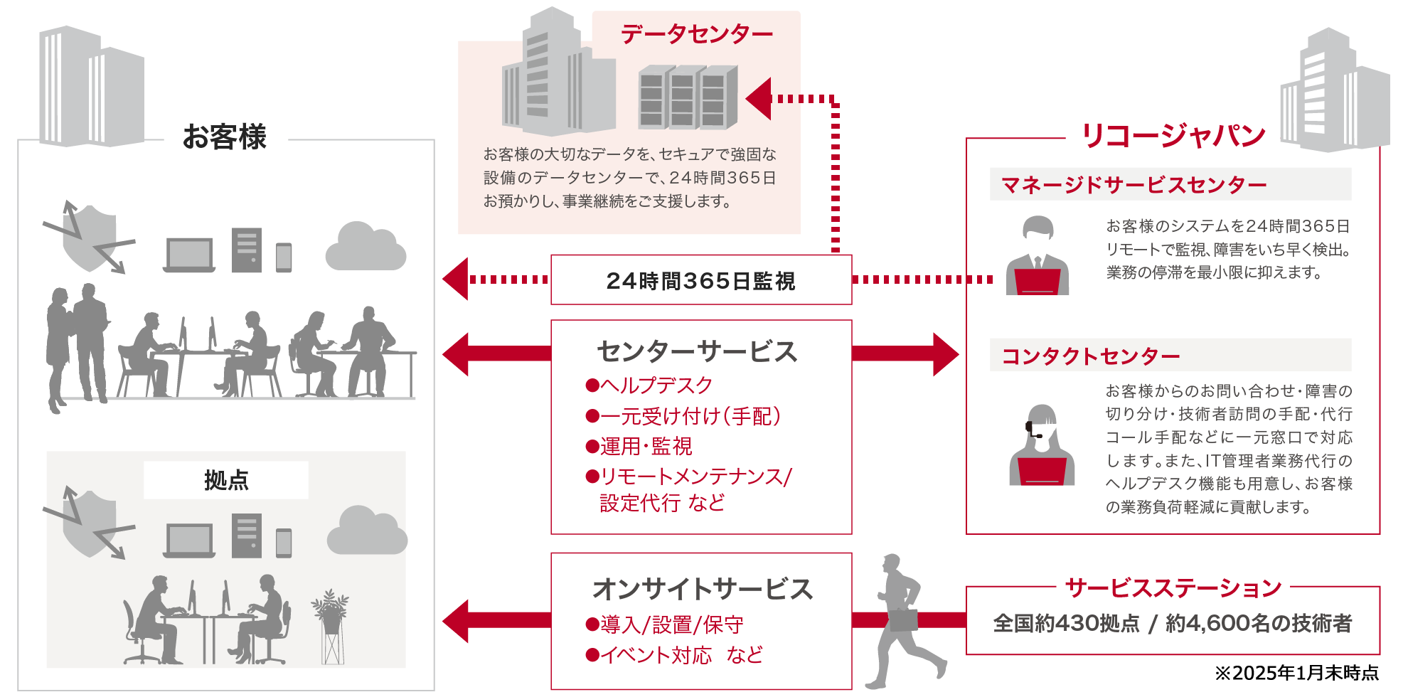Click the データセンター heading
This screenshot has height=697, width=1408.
click(x=696, y=33)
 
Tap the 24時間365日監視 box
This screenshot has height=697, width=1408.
click(x=700, y=280)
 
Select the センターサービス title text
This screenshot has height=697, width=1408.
click(x=697, y=351)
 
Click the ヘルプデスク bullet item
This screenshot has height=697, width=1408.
click(x=649, y=385)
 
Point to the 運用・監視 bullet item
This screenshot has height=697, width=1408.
click(x=639, y=446)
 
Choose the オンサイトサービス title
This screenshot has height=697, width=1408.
click(x=702, y=589)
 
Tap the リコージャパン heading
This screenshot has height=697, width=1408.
click(x=1173, y=135)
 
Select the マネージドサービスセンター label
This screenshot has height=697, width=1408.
click(x=1134, y=185)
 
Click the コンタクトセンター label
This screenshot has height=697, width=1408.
click(x=1090, y=356)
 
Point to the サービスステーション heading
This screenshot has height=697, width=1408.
click(x=1173, y=587)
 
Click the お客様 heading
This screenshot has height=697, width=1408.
click(x=225, y=137)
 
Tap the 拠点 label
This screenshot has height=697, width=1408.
click(x=226, y=480)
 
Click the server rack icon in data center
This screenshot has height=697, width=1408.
click(x=687, y=97)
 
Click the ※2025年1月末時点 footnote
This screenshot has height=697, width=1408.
click(x=1296, y=673)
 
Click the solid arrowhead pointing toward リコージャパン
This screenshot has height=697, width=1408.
click(x=945, y=353)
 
